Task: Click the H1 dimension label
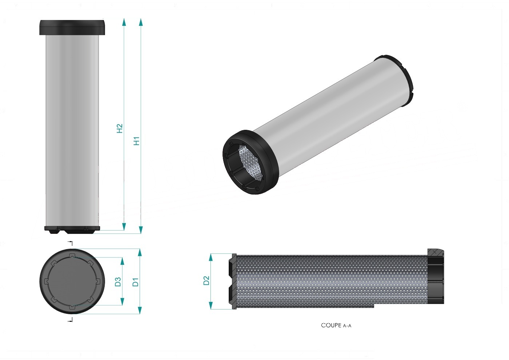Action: click(x=136, y=141)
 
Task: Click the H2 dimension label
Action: click(x=120, y=128)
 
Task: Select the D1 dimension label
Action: click(x=135, y=282)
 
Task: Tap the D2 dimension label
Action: click(x=206, y=280)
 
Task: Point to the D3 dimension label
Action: click(x=118, y=282)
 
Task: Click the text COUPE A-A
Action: click(x=336, y=325)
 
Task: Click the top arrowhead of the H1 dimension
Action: click(x=141, y=22)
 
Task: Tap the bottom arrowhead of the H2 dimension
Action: click(x=124, y=227)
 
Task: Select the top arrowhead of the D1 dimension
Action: click(x=140, y=252)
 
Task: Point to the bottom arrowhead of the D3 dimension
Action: click(x=122, y=301)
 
